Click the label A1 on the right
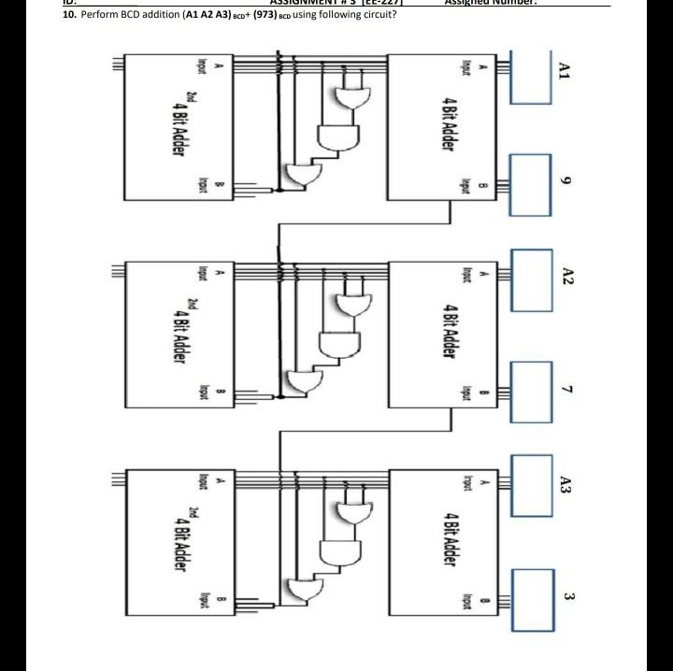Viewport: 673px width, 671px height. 564,71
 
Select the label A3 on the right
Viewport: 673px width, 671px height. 565,484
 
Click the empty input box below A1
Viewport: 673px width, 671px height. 531,76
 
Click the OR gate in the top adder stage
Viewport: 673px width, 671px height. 303,174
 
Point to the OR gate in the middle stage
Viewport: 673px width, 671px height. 303,380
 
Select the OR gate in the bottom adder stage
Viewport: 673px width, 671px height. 303,590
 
